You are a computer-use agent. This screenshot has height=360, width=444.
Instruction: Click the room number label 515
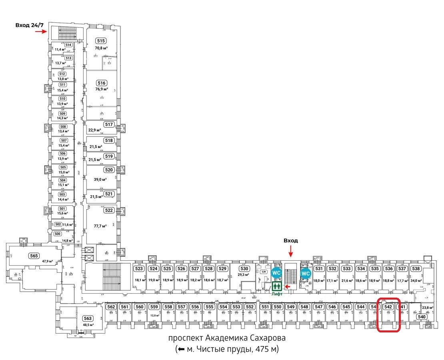click(101, 40)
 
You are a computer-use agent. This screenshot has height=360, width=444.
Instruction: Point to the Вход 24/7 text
click(29, 25)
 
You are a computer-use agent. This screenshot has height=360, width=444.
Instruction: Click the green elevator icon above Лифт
click(276, 286)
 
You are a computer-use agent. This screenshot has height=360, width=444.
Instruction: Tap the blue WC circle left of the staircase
click(276, 273)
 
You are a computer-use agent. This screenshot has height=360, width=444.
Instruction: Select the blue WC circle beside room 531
click(306, 273)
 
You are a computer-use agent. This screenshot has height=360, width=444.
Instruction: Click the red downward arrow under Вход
click(291, 252)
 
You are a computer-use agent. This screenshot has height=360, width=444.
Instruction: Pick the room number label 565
click(34, 256)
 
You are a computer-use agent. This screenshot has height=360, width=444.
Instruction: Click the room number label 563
click(88, 318)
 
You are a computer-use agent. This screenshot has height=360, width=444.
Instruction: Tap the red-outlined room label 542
click(388, 307)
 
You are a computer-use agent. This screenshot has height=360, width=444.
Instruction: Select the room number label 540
click(422, 316)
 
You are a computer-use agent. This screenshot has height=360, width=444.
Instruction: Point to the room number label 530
click(244, 268)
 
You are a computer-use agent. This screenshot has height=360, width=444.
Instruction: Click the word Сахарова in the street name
click(266, 338)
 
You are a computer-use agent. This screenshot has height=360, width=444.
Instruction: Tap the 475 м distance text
click(266, 349)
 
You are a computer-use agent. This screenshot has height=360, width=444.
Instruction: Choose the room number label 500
click(58, 234)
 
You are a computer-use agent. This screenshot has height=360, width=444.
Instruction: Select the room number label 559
click(154, 307)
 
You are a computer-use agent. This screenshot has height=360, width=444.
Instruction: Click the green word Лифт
click(276, 294)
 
